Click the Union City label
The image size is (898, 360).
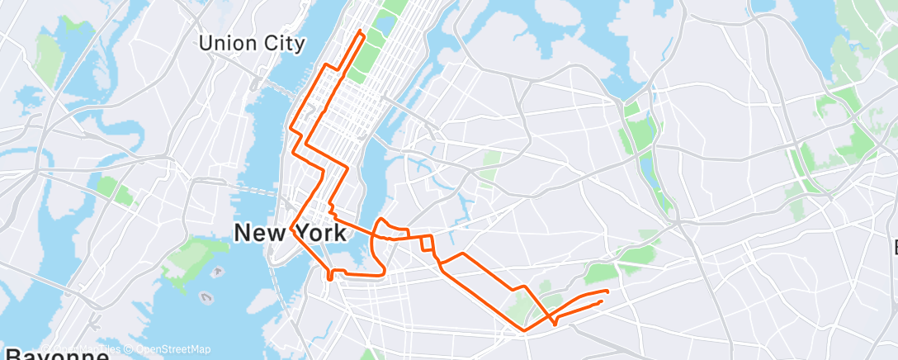click(x=252, y=43)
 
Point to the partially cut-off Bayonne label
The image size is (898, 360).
click(x=54, y=354)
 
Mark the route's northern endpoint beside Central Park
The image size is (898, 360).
click(x=361, y=32)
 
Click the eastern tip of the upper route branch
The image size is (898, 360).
click(x=607, y=291)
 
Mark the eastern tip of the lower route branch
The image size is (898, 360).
click(x=601, y=302)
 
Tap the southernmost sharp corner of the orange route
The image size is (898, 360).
click(x=523, y=331)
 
